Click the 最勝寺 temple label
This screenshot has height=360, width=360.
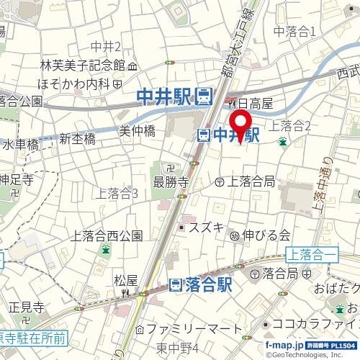pyautogui.click(x=171, y=181)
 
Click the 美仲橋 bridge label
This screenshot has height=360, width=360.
pyautogui.click(x=137, y=131)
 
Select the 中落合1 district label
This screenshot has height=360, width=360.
pyautogui.click(x=295, y=31)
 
